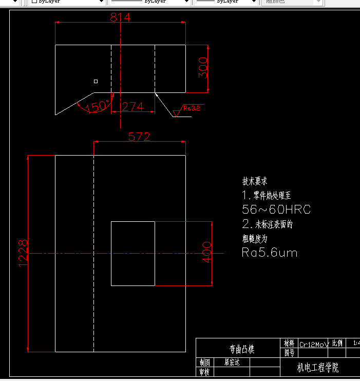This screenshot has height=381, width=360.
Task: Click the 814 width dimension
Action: (x=120, y=17)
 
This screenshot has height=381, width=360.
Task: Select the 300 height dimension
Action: (x=203, y=68)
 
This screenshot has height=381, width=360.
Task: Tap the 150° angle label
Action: (x=98, y=106)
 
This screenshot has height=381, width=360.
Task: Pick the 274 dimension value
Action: (x=133, y=106)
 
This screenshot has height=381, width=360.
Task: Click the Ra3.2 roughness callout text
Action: (x=192, y=108)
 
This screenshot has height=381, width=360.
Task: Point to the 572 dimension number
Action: (x=139, y=137)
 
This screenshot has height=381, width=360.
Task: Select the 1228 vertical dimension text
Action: (x=23, y=252)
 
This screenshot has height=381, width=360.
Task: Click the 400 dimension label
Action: (x=206, y=252)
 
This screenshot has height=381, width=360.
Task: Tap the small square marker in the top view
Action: (x=96, y=81)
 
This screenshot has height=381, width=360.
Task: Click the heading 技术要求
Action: (x=255, y=181)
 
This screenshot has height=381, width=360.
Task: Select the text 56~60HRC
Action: (x=276, y=209)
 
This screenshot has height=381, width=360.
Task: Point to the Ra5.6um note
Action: (x=270, y=252)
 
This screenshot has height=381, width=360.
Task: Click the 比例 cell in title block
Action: (x=337, y=343)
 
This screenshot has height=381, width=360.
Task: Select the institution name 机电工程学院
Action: (x=318, y=368)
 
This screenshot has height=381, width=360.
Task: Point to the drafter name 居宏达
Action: (x=232, y=362)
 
